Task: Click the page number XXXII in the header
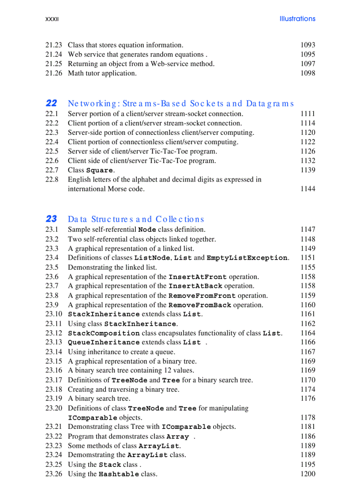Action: click(52, 19)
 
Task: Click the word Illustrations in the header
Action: click(297, 19)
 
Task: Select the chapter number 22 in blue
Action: click(51, 103)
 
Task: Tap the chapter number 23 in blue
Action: click(51, 219)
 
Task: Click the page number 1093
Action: click(307, 45)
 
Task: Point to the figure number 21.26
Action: click(54, 73)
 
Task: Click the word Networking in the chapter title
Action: click(93, 104)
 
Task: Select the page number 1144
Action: click(307, 189)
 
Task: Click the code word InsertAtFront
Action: click(198, 277)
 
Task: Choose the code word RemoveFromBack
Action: click(200, 305)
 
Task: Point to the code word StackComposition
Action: click(104, 334)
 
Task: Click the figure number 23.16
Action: click(54, 370)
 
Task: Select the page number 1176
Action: click(307, 398)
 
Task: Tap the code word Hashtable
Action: click(119, 474)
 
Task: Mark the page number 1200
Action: click(307, 474)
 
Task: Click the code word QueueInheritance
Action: click(104, 342)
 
